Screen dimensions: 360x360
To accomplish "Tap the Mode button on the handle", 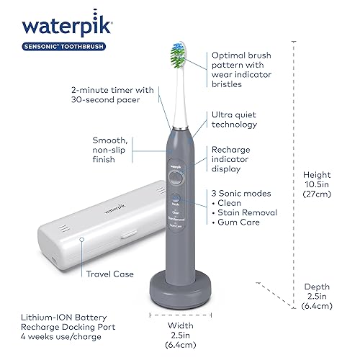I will (176, 198).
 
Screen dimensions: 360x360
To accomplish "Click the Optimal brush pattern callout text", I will (248, 69).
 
